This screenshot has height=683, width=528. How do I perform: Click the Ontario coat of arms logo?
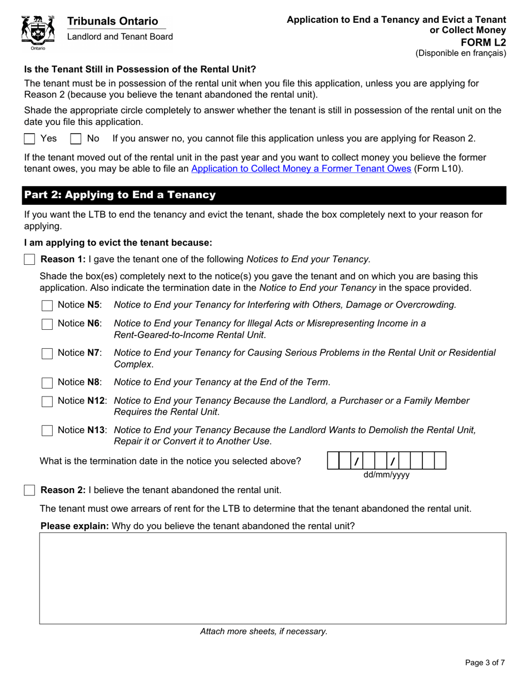coord(38,32)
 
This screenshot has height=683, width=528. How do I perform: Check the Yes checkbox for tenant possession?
coord(30,139)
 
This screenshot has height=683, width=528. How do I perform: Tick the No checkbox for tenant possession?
coord(76,139)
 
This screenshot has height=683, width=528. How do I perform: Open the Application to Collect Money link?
coord(301,169)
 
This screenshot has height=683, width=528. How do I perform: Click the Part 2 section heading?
coord(119,195)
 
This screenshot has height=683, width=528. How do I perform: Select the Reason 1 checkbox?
coord(30,259)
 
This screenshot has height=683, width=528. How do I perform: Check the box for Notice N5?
coord(48,305)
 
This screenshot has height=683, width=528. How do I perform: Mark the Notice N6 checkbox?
coord(48,324)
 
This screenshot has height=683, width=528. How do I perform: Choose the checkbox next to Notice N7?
coord(48,353)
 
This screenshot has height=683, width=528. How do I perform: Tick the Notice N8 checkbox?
coord(48,383)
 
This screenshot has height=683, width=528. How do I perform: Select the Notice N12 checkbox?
coord(48,401)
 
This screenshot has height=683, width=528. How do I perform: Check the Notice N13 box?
coord(48,430)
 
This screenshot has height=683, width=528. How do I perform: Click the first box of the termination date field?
coord(333,461)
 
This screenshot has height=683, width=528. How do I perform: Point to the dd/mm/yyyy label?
coord(386,475)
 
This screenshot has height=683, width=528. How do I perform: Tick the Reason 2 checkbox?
coord(30,490)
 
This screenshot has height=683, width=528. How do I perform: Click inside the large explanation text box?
coord(272,577)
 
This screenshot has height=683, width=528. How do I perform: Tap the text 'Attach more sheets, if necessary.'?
coord(264,631)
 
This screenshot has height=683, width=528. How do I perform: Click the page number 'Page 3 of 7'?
coord(485,662)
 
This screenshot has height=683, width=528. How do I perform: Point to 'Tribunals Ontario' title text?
coord(113,21)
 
